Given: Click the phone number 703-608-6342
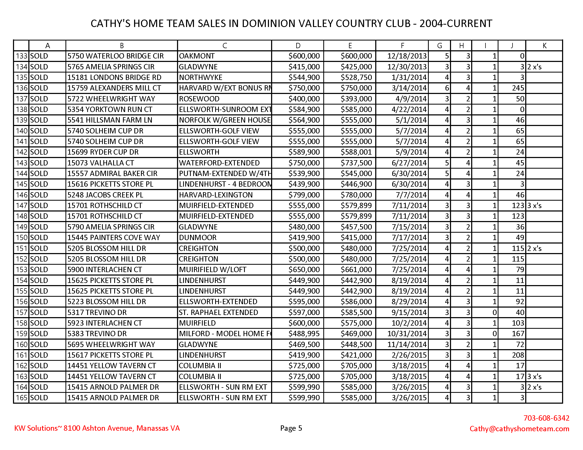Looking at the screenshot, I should (546, 418).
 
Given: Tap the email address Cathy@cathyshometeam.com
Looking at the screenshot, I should (519, 428).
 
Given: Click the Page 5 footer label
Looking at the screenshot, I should (291, 428).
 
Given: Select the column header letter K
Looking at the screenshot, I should (544, 46).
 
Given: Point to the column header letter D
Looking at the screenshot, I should (298, 46).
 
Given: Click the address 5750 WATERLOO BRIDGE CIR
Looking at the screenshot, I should (115, 56).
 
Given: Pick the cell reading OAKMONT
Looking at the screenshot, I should (197, 56).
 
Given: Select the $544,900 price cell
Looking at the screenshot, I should (304, 77).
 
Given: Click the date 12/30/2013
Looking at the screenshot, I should (407, 67).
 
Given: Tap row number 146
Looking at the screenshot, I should (22, 195).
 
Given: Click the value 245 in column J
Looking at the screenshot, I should (518, 88).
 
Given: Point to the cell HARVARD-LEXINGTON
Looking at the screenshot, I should (216, 195).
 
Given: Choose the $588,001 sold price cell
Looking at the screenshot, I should (356, 152).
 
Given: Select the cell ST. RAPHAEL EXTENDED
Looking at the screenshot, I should (218, 312).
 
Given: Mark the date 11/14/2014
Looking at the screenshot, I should (407, 344).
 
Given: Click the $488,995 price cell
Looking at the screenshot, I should (304, 334).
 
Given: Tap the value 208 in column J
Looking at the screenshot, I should (518, 355).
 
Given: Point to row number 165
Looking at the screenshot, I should (22, 398).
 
